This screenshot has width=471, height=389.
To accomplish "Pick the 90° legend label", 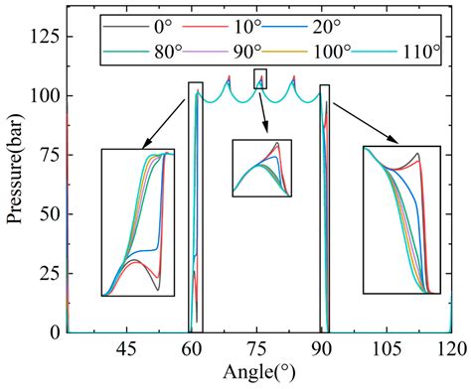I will point(235,54).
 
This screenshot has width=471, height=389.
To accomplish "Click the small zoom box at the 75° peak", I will point(260,78).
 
